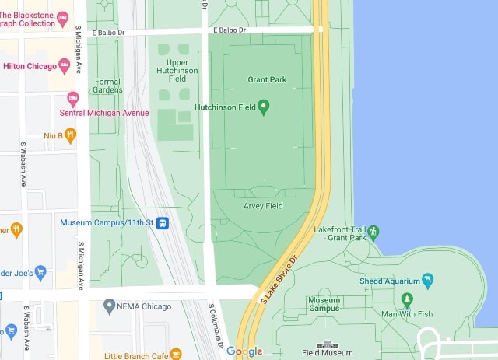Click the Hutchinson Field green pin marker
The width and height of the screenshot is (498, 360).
tap(263, 107)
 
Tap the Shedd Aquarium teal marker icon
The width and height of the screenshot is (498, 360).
tap(427, 281)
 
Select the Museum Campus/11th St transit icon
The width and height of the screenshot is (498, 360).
tap(163, 223)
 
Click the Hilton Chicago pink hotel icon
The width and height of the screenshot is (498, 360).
tap(65, 66)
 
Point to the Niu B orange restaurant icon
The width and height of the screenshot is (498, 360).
tap(71, 135)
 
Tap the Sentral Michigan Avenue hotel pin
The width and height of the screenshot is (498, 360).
tap(73, 98)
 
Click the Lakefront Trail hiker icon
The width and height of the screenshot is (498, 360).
tap(373, 232)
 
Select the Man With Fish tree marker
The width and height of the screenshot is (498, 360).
tap(406, 299)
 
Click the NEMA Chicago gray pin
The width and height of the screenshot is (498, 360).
tap(110, 306)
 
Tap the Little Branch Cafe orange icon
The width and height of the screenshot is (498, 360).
tap(176, 354)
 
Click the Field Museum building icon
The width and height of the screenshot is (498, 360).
tap(328, 344)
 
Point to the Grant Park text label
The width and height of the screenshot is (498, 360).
tap(267, 79)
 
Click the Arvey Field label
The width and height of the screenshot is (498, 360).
tap(263, 206)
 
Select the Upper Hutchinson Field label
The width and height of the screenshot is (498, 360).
tap(177, 70)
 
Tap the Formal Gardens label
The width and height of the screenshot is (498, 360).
tap(108, 86)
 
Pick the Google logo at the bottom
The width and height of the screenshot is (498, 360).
tap(244, 351)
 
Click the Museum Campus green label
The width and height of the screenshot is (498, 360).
tap(324, 304)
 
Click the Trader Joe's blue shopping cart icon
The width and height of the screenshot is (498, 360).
tap(41, 272)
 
